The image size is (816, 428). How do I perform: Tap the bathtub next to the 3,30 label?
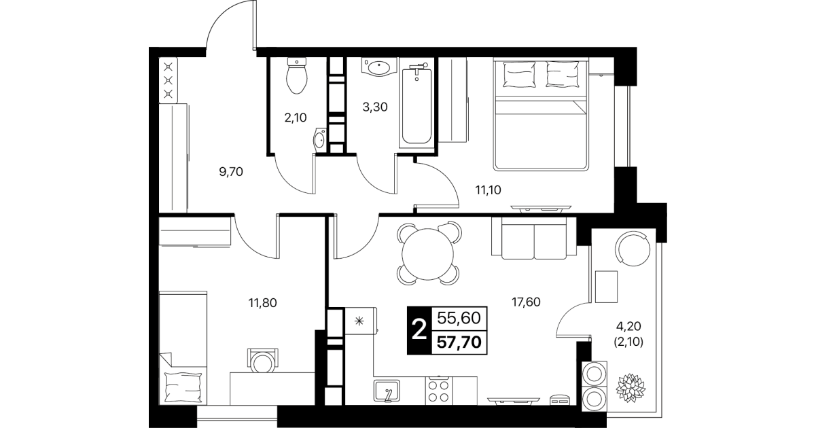pyautogui.click(x=416, y=103)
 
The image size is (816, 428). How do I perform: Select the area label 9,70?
pyautogui.click(x=231, y=172)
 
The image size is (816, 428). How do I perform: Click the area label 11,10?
pyautogui.click(x=488, y=190)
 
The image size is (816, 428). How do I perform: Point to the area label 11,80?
pyautogui.click(x=263, y=303)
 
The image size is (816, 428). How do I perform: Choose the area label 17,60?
pyautogui.click(x=526, y=302)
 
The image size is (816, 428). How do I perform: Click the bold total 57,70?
pyautogui.click(x=459, y=342)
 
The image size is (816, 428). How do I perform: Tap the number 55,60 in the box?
pyautogui.click(x=459, y=319)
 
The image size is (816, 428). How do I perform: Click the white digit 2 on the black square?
pyautogui.click(x=419, y=330)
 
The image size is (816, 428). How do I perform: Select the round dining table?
pyautogui.click(x=427, y=254)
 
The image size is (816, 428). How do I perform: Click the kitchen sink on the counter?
pyautogui.click(x=387, y=391)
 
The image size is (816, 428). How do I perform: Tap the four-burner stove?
pyautogui.click(x=439, y=391)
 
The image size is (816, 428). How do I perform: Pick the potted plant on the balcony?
pyautogui.click(x=631, y=387)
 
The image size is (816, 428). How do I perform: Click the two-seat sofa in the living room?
pyautogui.click(x=534, y=238)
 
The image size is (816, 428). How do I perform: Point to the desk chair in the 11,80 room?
pyautogui.click(x=263, y=361)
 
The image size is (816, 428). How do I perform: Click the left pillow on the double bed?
pyautogui.click(x=518, y=74)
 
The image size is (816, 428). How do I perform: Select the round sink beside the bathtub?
pyautogui.click(x=380, y=67)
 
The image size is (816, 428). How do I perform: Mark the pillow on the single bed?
pyautogui.click(x=183, y=387)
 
